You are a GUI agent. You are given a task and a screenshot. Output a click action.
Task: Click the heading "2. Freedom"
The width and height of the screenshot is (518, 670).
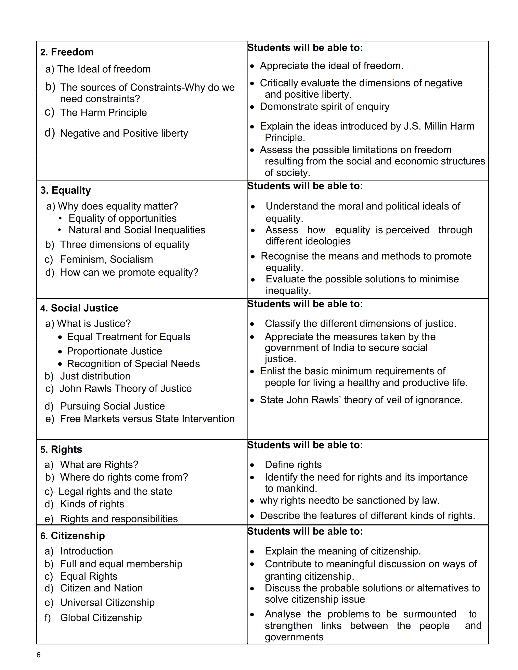(x=67, y=52)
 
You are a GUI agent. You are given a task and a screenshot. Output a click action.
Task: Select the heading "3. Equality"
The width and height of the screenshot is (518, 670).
(x=65, y=190)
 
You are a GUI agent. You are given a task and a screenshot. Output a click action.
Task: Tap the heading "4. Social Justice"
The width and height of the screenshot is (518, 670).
(x=79, y=308)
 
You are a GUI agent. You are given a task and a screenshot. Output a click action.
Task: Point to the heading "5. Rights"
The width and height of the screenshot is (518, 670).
(x=61, y=450)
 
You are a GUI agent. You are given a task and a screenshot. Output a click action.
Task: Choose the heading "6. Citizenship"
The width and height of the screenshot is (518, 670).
(x=73, y=536)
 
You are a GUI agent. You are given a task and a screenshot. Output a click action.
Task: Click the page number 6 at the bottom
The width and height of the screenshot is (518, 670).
(x=38, y=655)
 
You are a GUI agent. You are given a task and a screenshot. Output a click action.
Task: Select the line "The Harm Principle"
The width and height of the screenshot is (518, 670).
(x=103, y=113)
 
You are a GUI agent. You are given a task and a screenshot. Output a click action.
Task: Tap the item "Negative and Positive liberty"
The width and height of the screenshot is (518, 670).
(x=124, y=133)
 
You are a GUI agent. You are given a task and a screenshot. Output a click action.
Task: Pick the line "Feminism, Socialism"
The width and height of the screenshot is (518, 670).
(x=106, y=259)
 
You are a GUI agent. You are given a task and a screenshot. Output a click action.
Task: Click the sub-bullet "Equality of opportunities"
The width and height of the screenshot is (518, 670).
(x=122, y=218)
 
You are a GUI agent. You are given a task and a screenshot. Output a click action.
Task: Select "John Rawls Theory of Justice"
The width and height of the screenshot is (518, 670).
(x=126, y=388)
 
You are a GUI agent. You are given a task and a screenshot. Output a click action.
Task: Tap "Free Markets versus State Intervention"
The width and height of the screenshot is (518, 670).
(x=147, y=419)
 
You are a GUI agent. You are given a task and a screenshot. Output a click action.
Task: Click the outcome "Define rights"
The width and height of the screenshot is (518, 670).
(x=293, y=465)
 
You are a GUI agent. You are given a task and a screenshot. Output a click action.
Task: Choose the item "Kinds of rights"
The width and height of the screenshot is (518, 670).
(x=92, y=504)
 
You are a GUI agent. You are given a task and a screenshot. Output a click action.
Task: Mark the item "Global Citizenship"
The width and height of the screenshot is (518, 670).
(x=101, y=618)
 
